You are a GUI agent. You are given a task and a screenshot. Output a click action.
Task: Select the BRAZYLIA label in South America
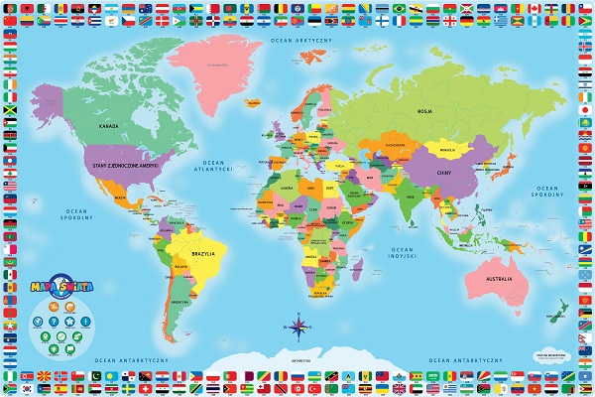click(x=201, y=253)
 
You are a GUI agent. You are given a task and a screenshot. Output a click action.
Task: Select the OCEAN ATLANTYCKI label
click(x=217, y=166)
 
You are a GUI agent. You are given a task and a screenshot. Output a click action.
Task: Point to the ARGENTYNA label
click(x=178, y=300)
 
